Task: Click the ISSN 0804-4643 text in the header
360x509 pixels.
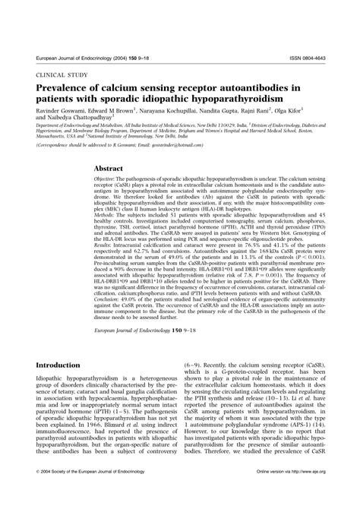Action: click(304, 57)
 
